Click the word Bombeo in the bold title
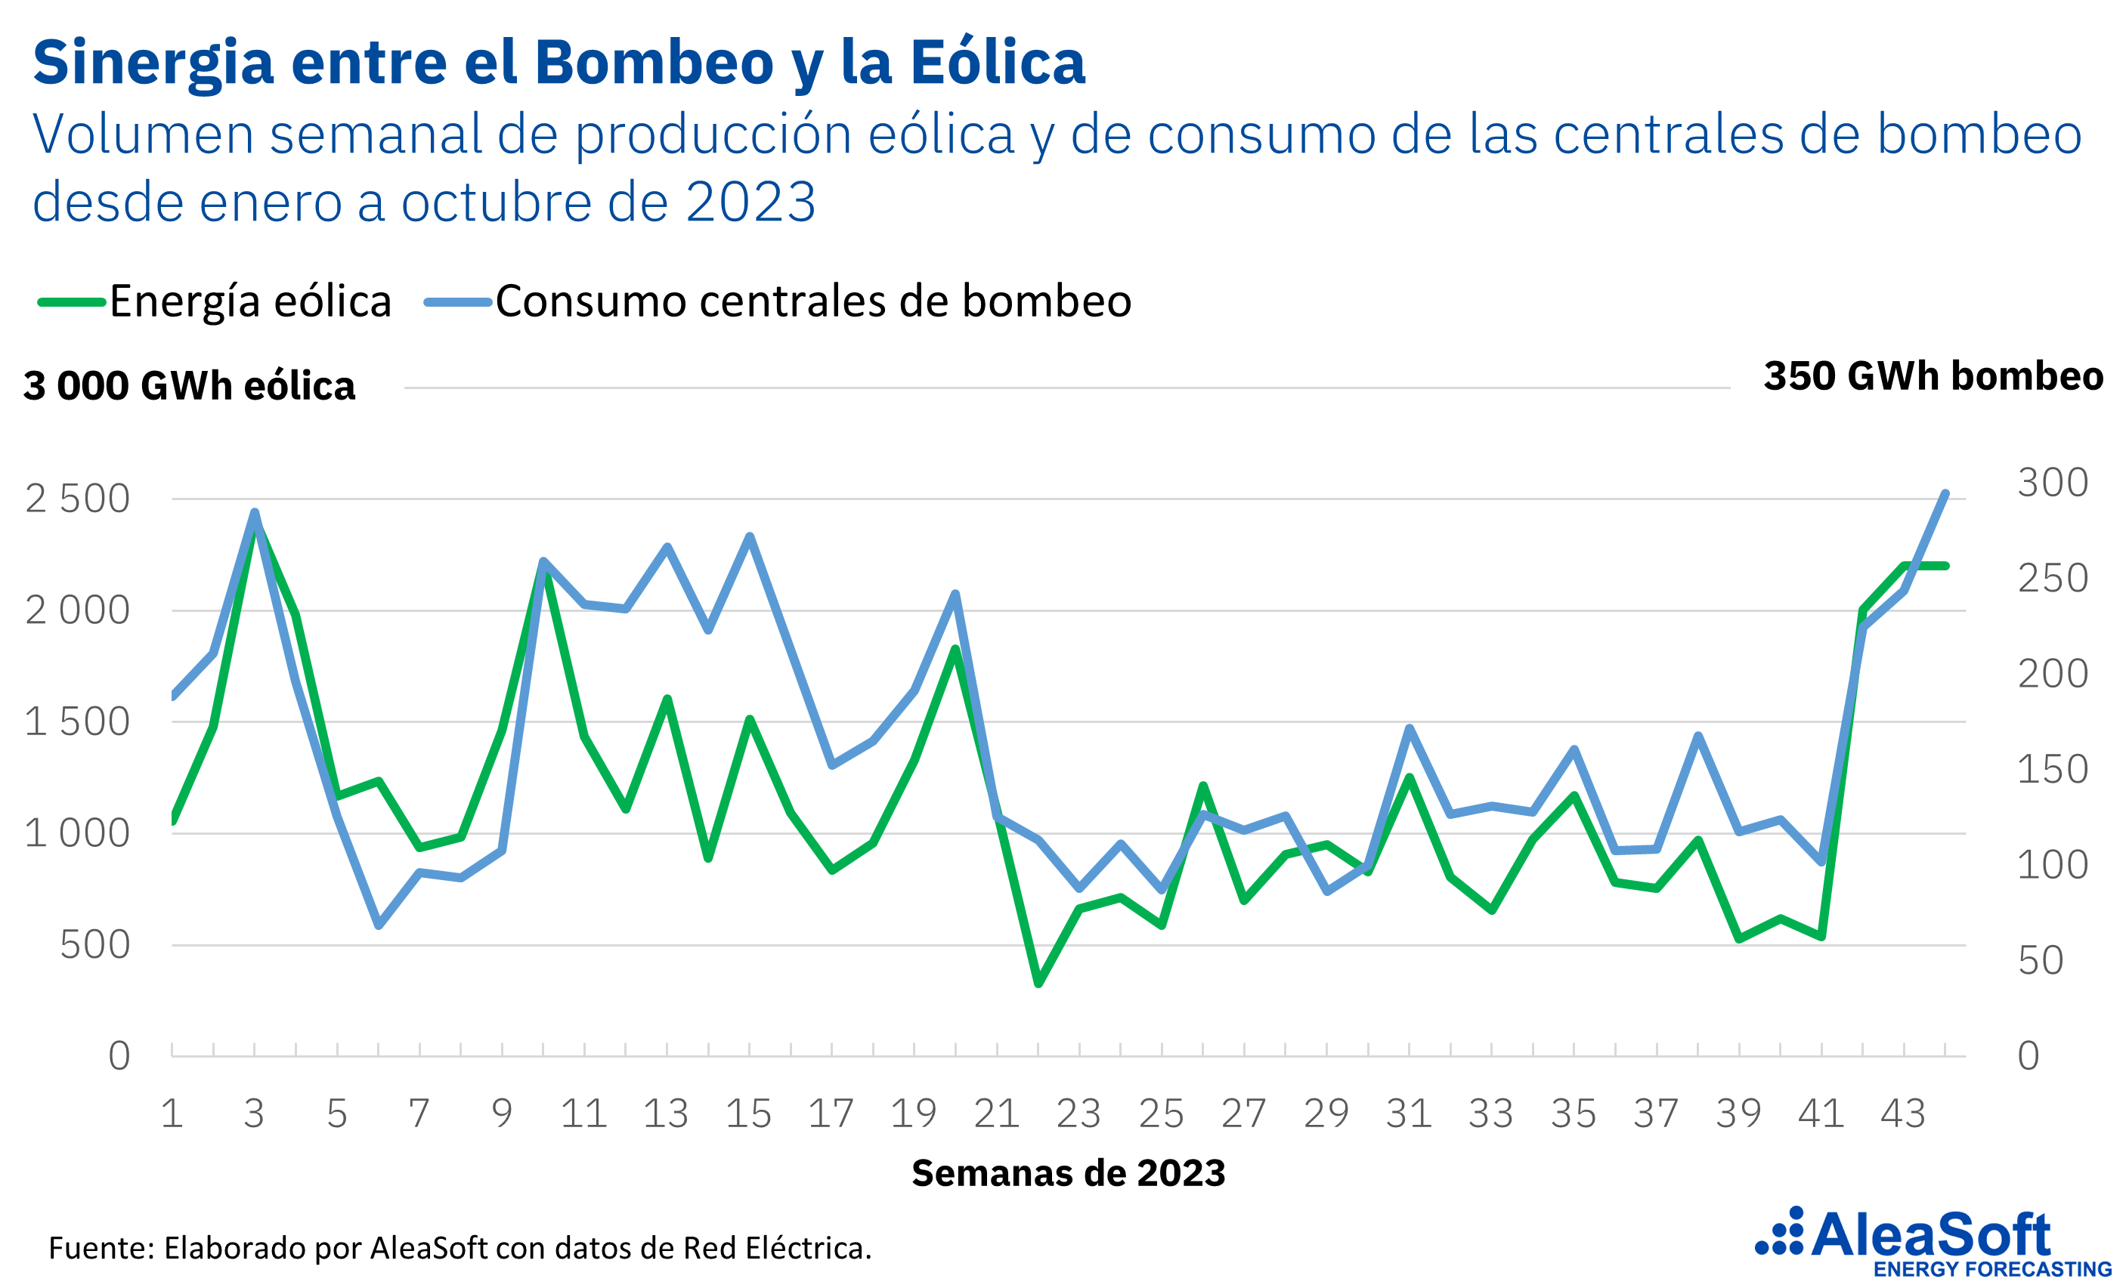(x=653, y=63)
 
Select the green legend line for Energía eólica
(x=72, y=302)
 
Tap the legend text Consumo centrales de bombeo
(x=812, y=302)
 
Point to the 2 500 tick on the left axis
(x=78, y=499)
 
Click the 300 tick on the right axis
(x=2052, y=482)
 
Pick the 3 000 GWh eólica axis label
(x=189, y=385)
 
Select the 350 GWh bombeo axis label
(x=1933, y=376)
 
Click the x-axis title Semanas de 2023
(x=1068, y=1173)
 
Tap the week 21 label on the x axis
(x=997, y=1114)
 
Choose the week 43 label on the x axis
(x=1903, y=1114)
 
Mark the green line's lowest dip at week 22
(x=1038, y=983)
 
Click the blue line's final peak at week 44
(x=1945, y=493)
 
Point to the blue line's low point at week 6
(x=379, y=925)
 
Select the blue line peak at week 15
(x=750, y=536)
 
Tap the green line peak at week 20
(x=955, y=648)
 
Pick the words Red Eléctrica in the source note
(x=776, y=1248)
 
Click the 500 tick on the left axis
(x=95, y=945)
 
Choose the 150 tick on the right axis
(x=2052, y=769)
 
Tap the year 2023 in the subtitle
(x=750, y=202)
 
